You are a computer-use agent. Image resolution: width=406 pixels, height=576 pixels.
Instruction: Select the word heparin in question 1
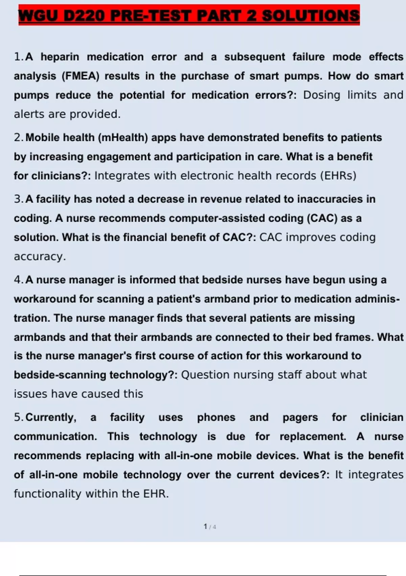point(60,57)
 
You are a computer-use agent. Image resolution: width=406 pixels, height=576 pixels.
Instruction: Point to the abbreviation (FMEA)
point(81,76)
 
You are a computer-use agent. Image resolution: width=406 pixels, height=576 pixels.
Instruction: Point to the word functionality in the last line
point(48,494)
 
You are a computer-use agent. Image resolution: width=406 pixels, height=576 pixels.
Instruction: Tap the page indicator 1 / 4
point(210,527)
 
